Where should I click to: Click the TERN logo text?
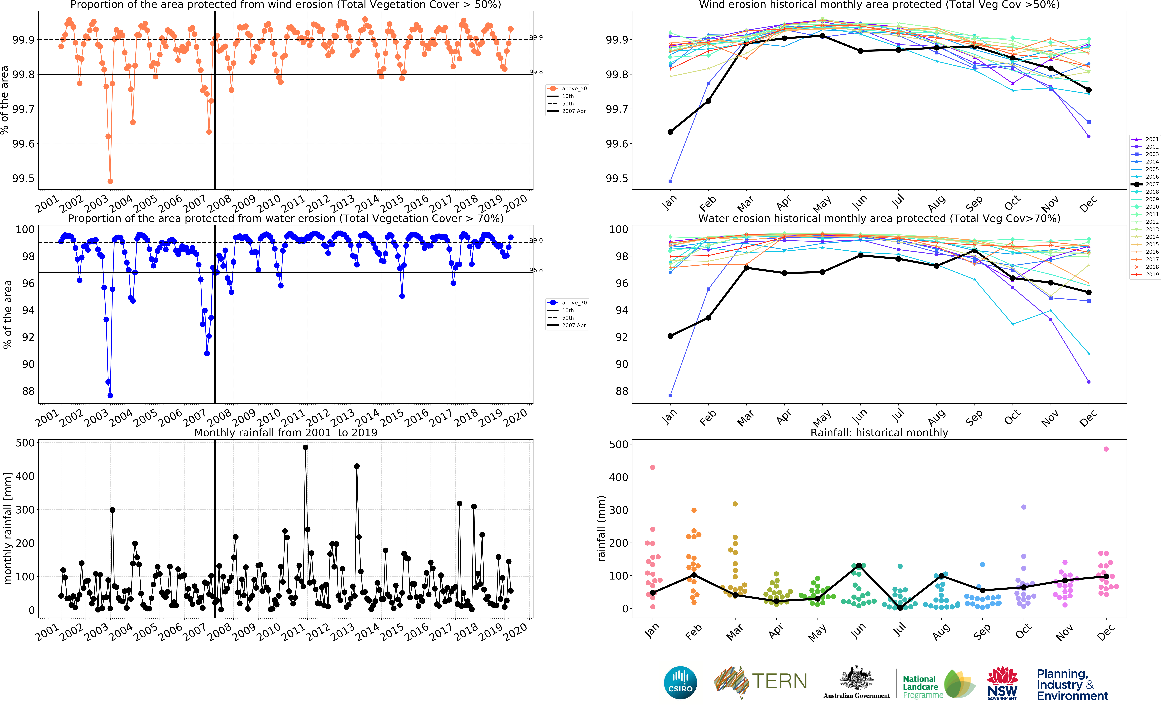(779, 681)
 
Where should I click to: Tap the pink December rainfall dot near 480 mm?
(1106, 449)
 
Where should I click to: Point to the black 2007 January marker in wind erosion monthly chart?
(670, 132)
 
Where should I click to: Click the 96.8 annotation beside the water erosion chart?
(536, 270)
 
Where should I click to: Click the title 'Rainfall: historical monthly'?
(879, 432)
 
